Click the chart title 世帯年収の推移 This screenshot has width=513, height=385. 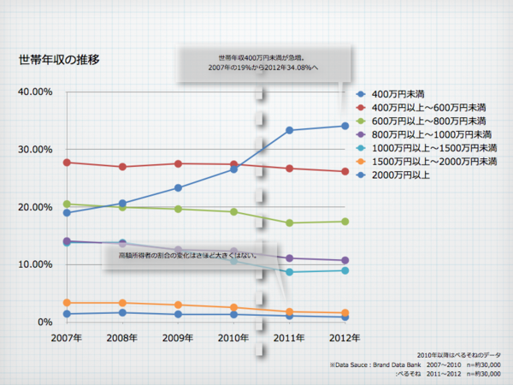[x=59, y=61]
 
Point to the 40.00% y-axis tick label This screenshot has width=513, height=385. [x=36, y=92]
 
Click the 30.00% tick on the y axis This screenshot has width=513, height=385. [x=36, y=149]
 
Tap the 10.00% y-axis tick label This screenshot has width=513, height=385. [x=36, y=264]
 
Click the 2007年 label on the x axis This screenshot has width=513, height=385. [x=66, y=339]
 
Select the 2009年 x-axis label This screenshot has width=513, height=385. [x=178, y=339]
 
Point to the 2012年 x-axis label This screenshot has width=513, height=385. [x=345, y=339]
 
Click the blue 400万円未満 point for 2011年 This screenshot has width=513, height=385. [x=289, y=130]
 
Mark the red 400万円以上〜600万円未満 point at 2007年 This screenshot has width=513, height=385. [x=67, y=163]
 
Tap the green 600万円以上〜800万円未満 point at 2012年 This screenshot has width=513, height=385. [x=345, y=222]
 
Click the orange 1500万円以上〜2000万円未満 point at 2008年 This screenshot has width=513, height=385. [x=122, y=303]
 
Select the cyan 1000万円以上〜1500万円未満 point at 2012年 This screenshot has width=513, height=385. [x=345, y=270]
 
